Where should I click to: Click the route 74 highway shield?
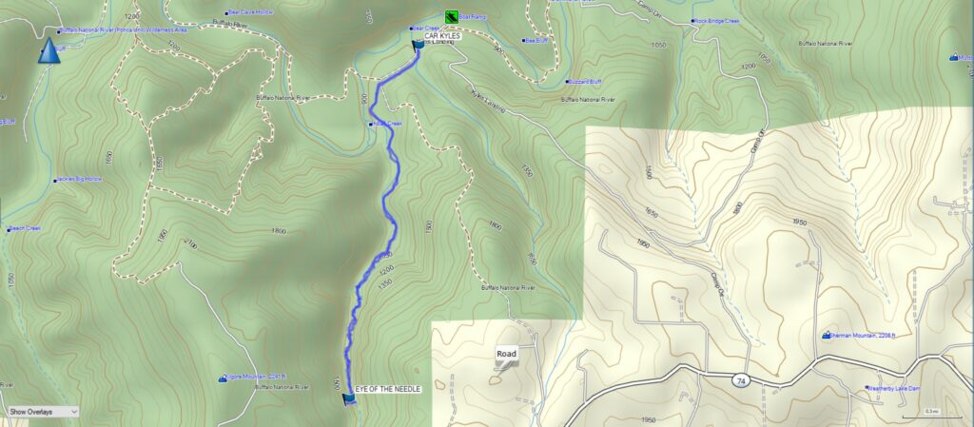coord(739,379)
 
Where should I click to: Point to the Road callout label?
coord(506,355)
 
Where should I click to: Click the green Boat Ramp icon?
coord(450,17)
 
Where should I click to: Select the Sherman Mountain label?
coord(860,336)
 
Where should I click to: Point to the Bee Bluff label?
coord(536,41)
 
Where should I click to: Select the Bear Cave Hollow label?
coord(252,11)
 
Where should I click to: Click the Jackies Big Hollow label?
coord(81,179)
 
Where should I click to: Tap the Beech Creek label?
coord(25,228)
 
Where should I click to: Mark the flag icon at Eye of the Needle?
coord(348,400)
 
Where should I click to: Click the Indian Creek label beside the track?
coord(389,123)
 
